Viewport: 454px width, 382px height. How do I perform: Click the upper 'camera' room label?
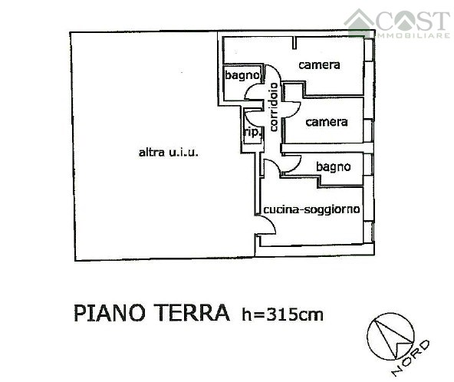319,65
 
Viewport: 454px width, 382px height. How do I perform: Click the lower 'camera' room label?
327,122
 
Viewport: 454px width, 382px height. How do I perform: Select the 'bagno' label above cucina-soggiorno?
333,166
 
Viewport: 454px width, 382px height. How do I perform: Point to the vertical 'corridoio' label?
272,108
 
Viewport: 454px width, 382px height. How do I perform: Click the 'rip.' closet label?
252,131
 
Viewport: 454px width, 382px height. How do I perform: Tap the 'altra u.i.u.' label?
168,153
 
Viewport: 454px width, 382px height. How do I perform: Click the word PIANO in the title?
107,313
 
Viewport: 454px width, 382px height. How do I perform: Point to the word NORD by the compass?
411,357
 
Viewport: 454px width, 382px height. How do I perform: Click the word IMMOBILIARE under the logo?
412,35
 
